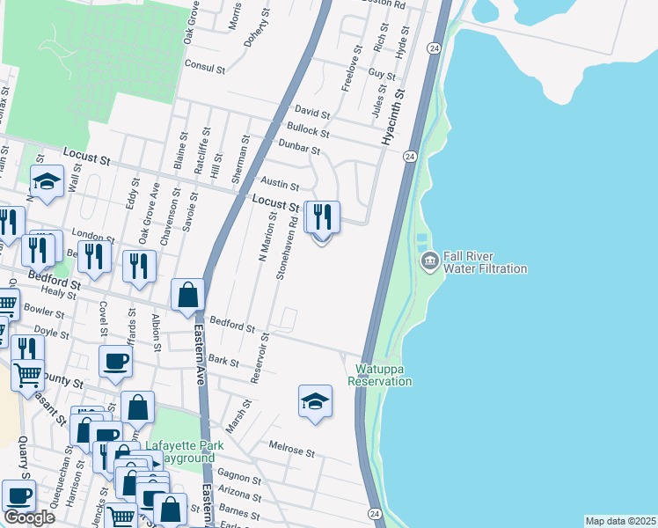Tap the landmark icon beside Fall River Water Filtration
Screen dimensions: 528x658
click(x=430, y=260)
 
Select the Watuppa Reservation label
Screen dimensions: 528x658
click(x=380, y=375)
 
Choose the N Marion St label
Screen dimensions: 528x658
click(x=267, y=236)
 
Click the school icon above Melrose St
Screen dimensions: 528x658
click(x=315, y=401)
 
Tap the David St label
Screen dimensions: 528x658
click(x=311, y=114)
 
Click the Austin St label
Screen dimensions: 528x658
click(x=282, y=187)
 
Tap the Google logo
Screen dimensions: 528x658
click(x=29, y=517)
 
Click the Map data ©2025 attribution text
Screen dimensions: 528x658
click(x=619, y=521)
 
